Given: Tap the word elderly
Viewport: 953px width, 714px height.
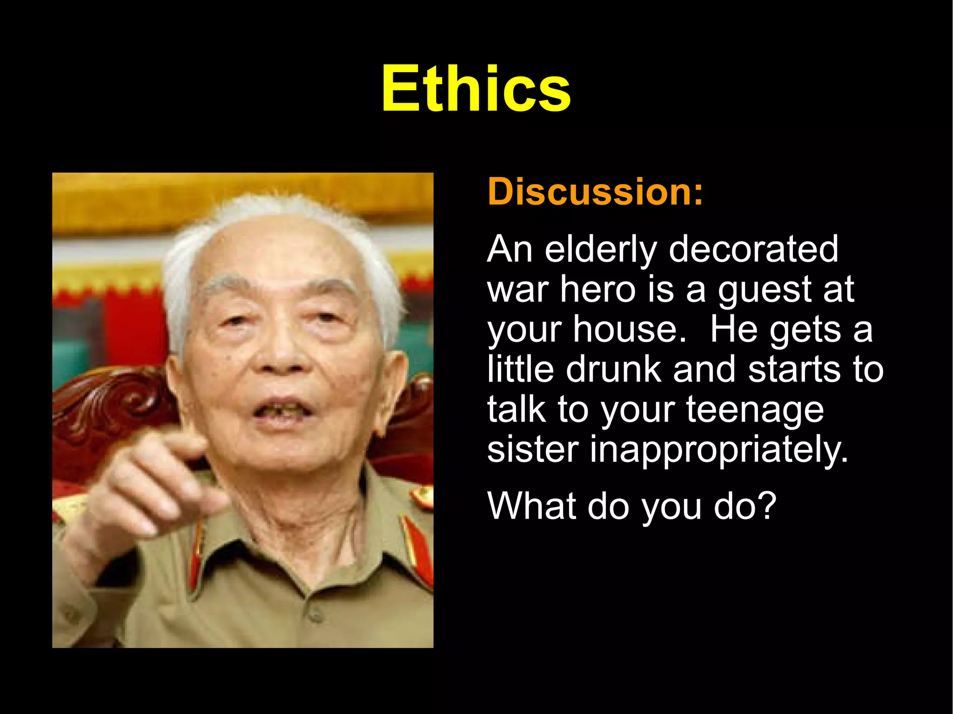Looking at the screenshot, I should (600, 250).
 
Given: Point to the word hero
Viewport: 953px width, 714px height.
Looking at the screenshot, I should (598, 289).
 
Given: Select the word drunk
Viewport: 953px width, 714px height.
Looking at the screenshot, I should (614, 369).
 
